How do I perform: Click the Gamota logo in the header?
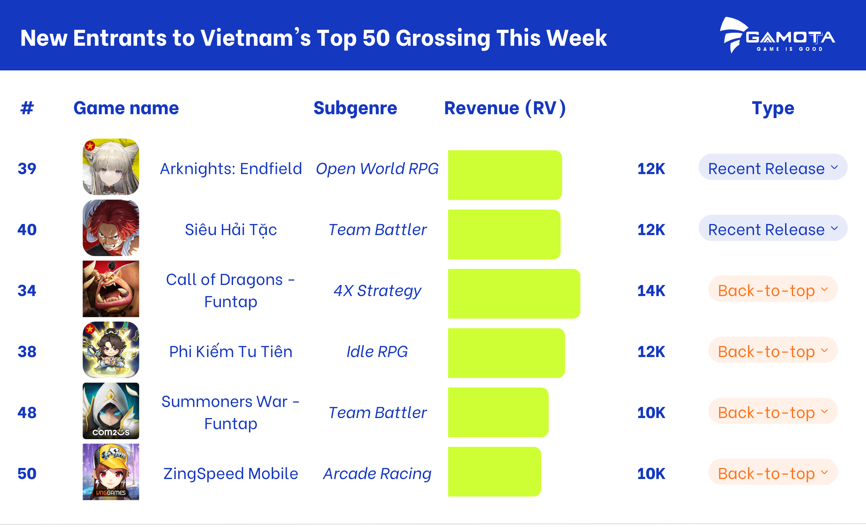[777, 35]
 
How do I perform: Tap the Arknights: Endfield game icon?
[111, 167]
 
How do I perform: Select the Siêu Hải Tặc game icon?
[111, 228]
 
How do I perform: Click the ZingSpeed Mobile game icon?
[111, 472]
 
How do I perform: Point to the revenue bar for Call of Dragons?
[514, 294]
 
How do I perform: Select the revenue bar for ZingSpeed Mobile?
[494, 472]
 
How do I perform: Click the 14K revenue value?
[651, 291]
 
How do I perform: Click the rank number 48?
[27, 413]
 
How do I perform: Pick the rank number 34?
[27, 291]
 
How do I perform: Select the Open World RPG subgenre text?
[377, 169]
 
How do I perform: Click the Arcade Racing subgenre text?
[377, 473]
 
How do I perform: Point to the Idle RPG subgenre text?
[377, 352]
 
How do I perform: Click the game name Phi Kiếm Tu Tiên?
[231, 352]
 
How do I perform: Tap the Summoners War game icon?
[111, 411]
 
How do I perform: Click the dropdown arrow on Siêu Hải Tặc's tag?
[834, 228]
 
